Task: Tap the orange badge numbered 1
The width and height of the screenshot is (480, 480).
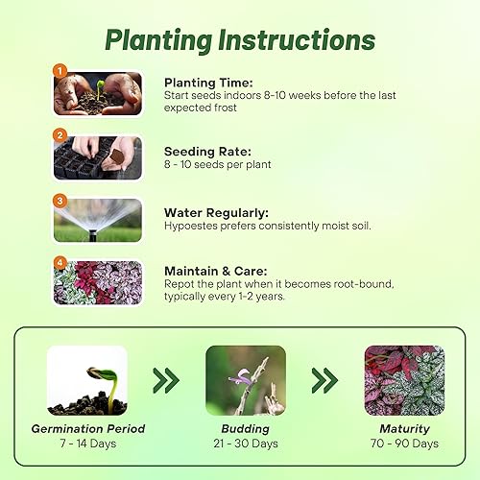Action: point(60,70)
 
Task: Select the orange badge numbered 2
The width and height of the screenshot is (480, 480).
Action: point(60,135)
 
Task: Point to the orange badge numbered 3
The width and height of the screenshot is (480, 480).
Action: point(60,201)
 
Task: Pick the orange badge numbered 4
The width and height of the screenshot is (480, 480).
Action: point(60,262)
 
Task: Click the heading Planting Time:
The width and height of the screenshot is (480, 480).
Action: point(207,83)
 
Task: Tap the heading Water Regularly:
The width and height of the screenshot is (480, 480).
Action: point(217,212)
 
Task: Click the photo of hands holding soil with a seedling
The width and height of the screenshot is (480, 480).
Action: point(99,93)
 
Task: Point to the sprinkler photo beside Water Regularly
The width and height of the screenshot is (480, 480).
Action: point(99,220)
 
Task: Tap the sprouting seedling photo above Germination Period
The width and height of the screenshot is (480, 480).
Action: point(86,380)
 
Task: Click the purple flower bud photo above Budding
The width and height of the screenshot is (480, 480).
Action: point(245,380)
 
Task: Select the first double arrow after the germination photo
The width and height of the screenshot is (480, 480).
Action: point(166,381)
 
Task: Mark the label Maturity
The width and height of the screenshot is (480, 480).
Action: point(404,428)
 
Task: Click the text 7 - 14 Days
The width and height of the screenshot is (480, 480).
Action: point(86,444)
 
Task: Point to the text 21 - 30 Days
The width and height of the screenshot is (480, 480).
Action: point(245,444)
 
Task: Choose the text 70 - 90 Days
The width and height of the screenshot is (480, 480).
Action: point(404,444)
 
